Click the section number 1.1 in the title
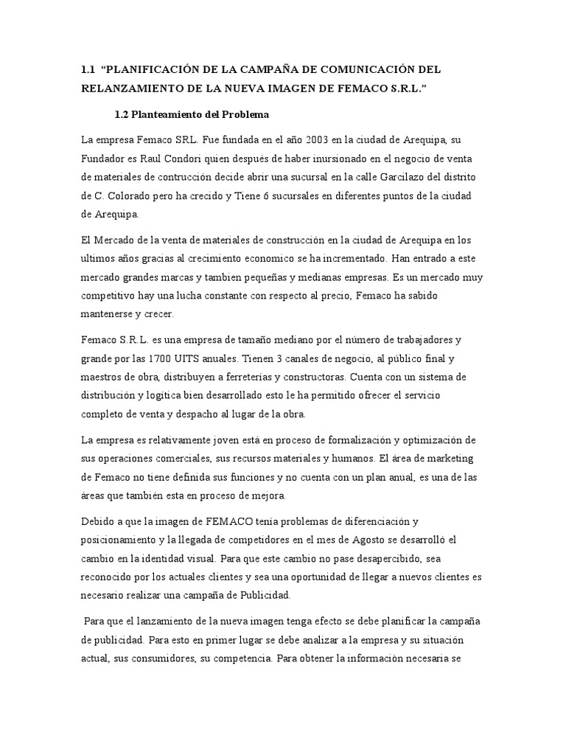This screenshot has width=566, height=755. click(88, 69)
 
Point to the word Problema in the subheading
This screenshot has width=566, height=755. click(249, 115)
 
